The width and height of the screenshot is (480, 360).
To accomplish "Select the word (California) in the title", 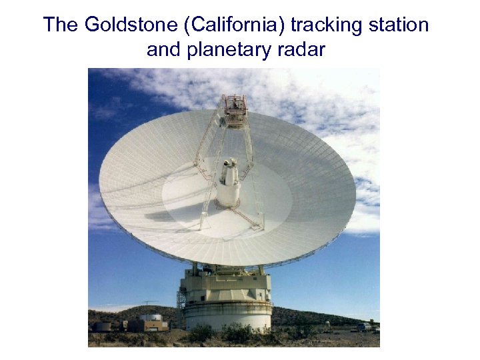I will coord(229,25).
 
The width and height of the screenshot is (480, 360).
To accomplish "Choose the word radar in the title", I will coord(303,49).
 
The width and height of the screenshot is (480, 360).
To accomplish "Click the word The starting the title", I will coord(62,25).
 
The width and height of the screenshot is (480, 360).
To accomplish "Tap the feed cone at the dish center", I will coord(229,183).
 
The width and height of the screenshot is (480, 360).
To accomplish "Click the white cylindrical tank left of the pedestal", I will coord(153,318).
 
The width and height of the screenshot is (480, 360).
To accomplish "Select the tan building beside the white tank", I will coord(147,325).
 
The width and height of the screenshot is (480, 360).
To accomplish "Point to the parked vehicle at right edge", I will coord(363,327).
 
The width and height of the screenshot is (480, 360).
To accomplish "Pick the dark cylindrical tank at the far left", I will coord(102,325).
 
